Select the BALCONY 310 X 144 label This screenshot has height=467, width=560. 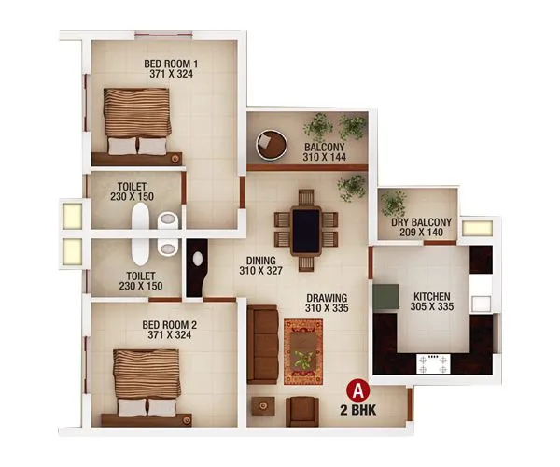tap(323, 153)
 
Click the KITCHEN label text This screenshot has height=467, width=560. tap(432, 299)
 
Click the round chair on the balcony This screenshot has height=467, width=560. tap(272, 143)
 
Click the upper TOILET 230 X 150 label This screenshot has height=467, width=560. tap(136, 191)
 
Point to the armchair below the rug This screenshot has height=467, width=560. tap(301, 410)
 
